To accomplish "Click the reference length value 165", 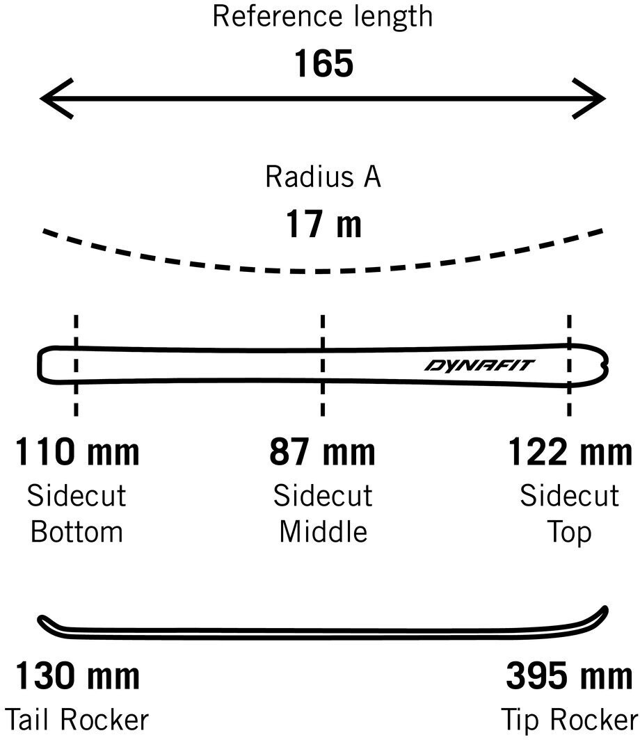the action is pyautogui.click(x=323, y=64).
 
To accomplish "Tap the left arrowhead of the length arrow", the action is pyautogui.click(x=49, y=99).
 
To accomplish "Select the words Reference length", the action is pyautogui.click(x=323, y=17).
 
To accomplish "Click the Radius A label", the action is pyautogui.click(x=323, y=177).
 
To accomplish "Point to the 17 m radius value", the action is pyautogui.click(x=323, y=225).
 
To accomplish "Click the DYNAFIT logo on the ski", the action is pyautogui.click(x=480, y=365).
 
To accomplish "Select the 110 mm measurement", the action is pyautogui.click(x=77, y=452).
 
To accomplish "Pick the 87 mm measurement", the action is pyautogui.click(x=323, y=452).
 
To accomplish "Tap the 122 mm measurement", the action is pyautogui.click(x=570, y=452).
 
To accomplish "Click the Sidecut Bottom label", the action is pyautogui.click(x=77, y=514).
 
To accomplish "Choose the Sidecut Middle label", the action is pyautogui.click(x=323, y=514).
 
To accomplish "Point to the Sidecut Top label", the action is pyautogui.click(x=570, y=514).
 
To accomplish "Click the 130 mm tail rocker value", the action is pyautogui.click(x=77, y=675).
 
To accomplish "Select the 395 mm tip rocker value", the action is pyautogui.click(x=570, y=675).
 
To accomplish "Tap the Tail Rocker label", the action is pyautogui.click(x=77, y=719).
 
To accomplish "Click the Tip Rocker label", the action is pyautogui.click(x=570, y=719).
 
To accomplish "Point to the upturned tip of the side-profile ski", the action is pyautogui.click(x=602, y=612).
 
